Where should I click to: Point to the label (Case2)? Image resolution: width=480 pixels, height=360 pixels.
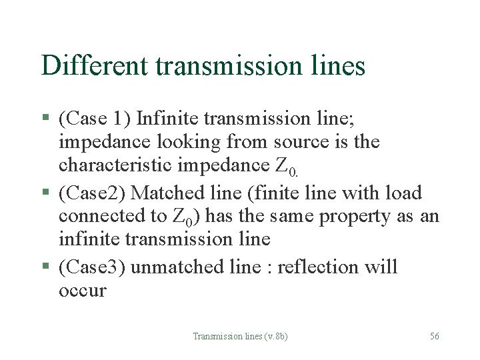click(x=92, y=193)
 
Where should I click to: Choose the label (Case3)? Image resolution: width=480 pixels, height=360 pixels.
click(x=92, y=267)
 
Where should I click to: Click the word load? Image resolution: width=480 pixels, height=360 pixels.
click(x=403, y=193)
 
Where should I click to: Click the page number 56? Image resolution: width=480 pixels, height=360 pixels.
click(x=434, y=337)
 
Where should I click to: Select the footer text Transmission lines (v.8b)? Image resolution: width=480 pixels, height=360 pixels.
click(x=240, y=337)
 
